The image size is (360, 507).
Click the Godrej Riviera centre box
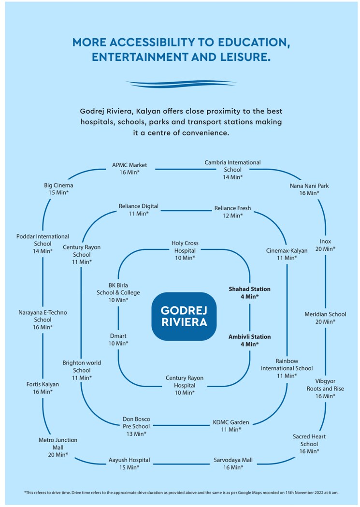coord(184,316)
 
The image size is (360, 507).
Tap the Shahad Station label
coord(249,292)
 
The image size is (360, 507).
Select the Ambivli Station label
coord(249,340)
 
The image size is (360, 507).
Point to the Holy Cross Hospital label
coord(185,250)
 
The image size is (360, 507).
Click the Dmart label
coord(118,339)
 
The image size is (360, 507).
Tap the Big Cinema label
coord(58,188)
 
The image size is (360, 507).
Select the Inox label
coord(325,245)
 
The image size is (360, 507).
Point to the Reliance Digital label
coord(138,210)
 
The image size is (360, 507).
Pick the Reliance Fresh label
coord(232,212)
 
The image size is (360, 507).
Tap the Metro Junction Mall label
coord(58,447)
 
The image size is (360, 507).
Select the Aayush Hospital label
coord(129,464)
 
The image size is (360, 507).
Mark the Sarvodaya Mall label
coord(233,464)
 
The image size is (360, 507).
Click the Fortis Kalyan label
coord(43,388)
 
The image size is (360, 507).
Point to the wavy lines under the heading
coord(181,84)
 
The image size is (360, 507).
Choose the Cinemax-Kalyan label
coord(287,254)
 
